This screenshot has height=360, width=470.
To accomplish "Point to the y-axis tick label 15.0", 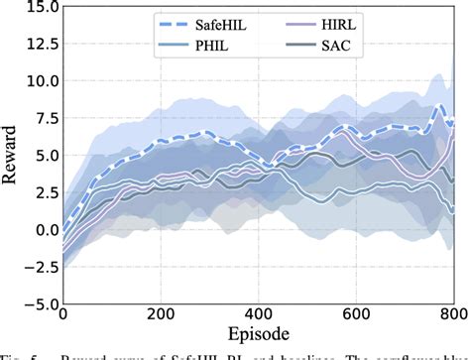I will tap(37, 7).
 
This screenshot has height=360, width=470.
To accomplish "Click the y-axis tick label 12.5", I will tap(37, 44).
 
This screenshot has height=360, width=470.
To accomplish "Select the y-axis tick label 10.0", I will tap(37, 81).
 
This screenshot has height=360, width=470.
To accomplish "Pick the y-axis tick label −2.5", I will tap(35, 267).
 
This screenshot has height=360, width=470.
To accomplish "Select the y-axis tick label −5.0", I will tap(35, 304).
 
